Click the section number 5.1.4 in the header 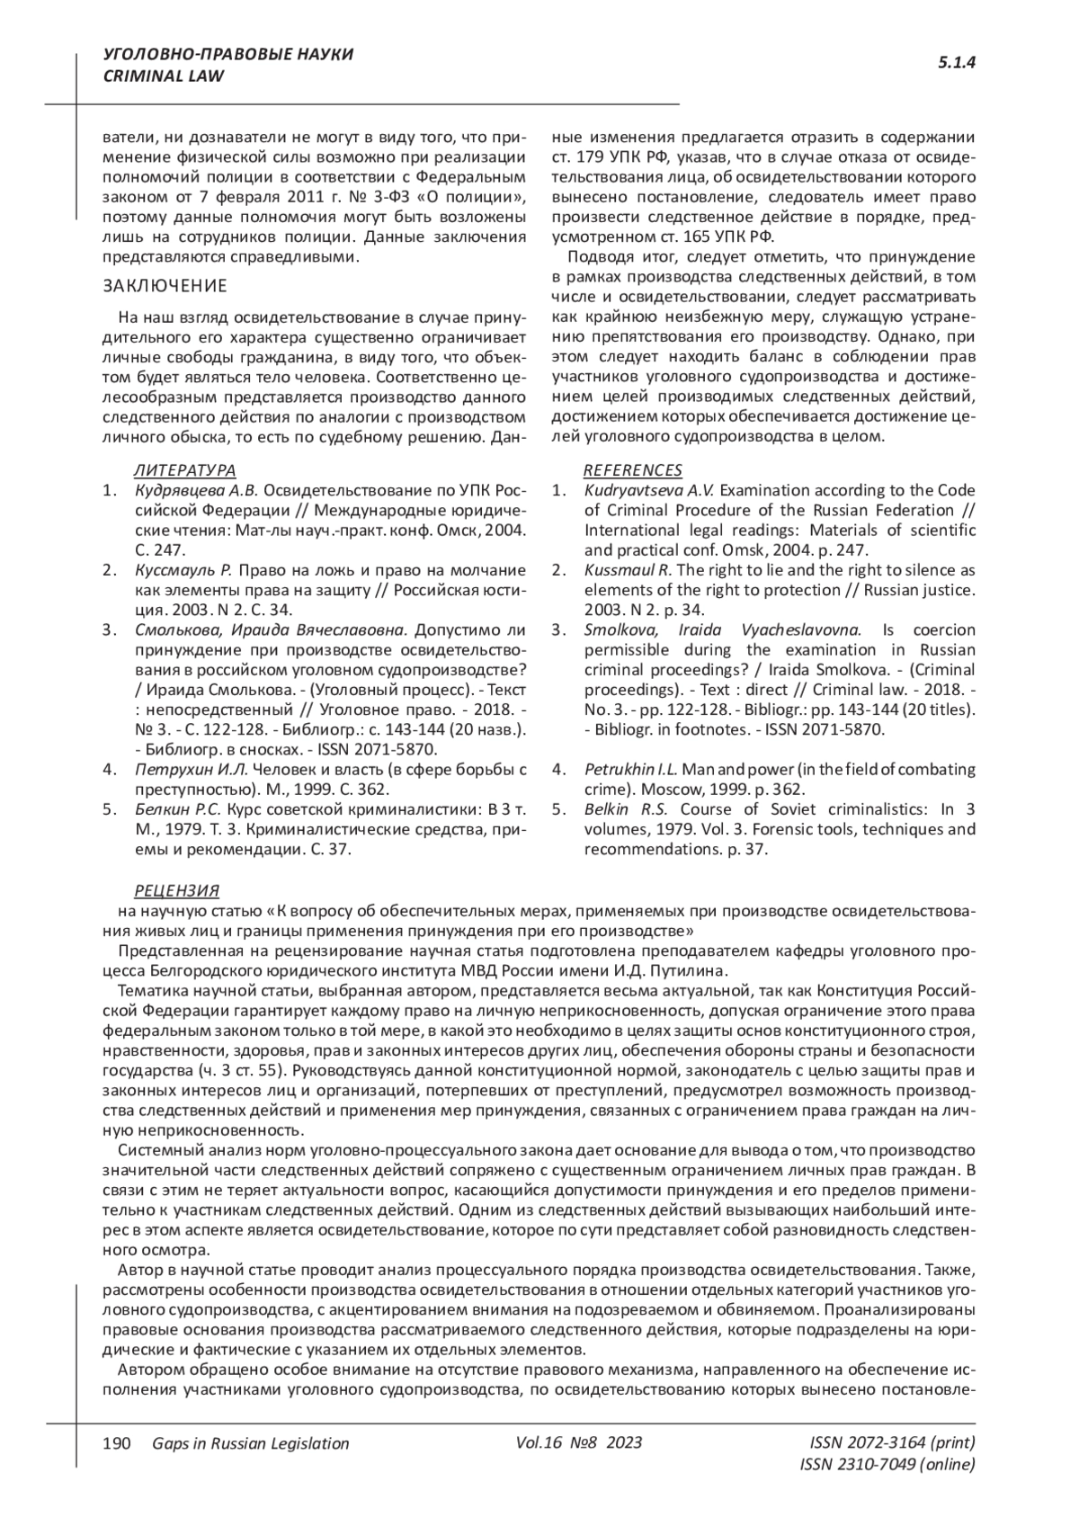point(957,62)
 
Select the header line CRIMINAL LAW point(164,76)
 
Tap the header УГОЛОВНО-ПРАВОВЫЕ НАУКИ point(228,55)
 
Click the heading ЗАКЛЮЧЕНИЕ point(165,286)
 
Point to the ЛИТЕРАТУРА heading point(184,470)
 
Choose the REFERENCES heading point(633,470)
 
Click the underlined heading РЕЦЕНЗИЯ point(176,891)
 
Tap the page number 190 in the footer point(118,1443)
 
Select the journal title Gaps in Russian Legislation point(251,1443)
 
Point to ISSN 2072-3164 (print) point(892,1442)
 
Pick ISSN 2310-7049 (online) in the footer point(887,1465)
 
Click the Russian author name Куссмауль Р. point(183,570)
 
